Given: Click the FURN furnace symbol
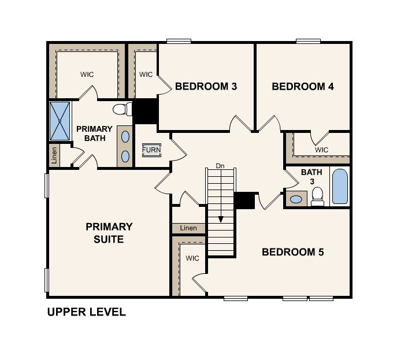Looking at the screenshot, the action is [151, 150].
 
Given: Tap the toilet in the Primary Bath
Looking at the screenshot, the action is [123, 109].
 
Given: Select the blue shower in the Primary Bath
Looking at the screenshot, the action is [60, 121].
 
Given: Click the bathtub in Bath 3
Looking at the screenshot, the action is [340, 186].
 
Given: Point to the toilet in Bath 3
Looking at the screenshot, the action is [317, 196].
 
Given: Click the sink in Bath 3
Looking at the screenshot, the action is [296, 199].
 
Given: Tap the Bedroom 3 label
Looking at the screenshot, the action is [206, 87].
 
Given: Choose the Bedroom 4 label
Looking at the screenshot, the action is [303, 87].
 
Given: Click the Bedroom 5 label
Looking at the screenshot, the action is [292, 252].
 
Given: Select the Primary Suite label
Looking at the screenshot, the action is [109, 233].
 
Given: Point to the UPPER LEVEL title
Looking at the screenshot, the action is [86, 312].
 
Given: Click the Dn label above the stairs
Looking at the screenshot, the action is [220, 166].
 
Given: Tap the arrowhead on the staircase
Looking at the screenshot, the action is [221, 219].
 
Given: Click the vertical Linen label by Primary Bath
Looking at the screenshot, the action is [54, 155].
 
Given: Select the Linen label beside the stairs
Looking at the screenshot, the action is [188, 228].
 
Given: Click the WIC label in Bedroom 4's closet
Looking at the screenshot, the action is [321, 150].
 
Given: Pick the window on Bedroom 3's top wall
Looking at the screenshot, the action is [179, 41].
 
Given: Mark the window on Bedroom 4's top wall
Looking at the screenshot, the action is [308, 41].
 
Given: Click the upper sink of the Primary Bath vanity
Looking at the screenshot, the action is [125, 137].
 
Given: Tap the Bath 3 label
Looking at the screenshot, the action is [311, 177].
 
